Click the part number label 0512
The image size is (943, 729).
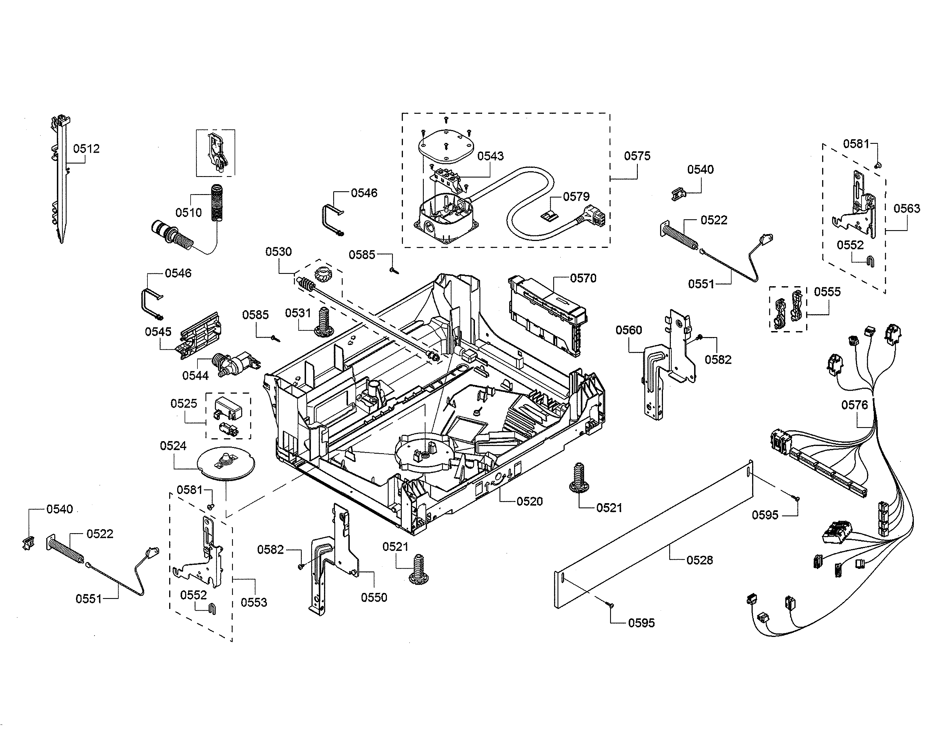[x=86, y=149]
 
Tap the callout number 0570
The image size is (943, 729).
[x=583, y=278]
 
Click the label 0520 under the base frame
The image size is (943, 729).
[x=529, y=501]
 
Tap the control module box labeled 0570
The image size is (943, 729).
[x=546, y=315]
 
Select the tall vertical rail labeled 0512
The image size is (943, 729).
[x=61, y=181]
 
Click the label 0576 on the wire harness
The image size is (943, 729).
[x=854, y=405]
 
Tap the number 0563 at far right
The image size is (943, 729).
[x=907, y=209]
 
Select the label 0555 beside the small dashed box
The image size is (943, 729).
[x=827, y=292]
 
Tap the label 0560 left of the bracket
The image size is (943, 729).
[x=629, y=330]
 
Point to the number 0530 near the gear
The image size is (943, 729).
[x=279, y=252]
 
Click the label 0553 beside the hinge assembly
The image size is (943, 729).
[x=253, y=602]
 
